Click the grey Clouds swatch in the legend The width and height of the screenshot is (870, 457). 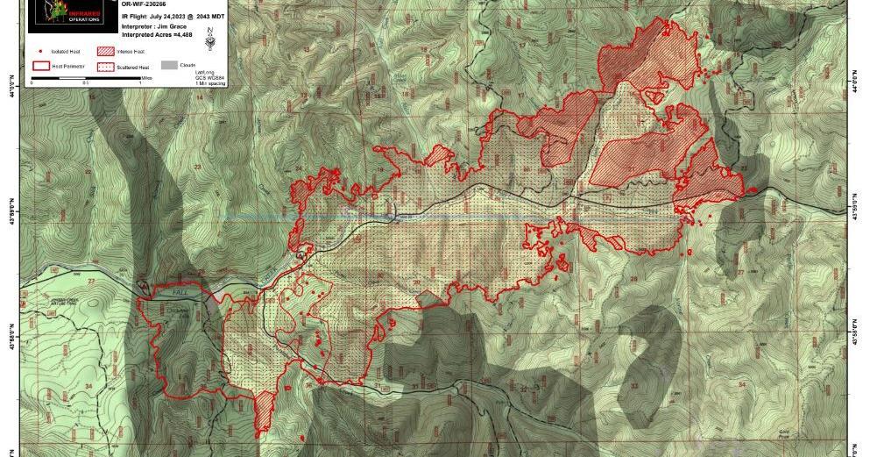tap(166, 65)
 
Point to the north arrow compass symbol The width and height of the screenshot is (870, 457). tap(209, 36)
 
